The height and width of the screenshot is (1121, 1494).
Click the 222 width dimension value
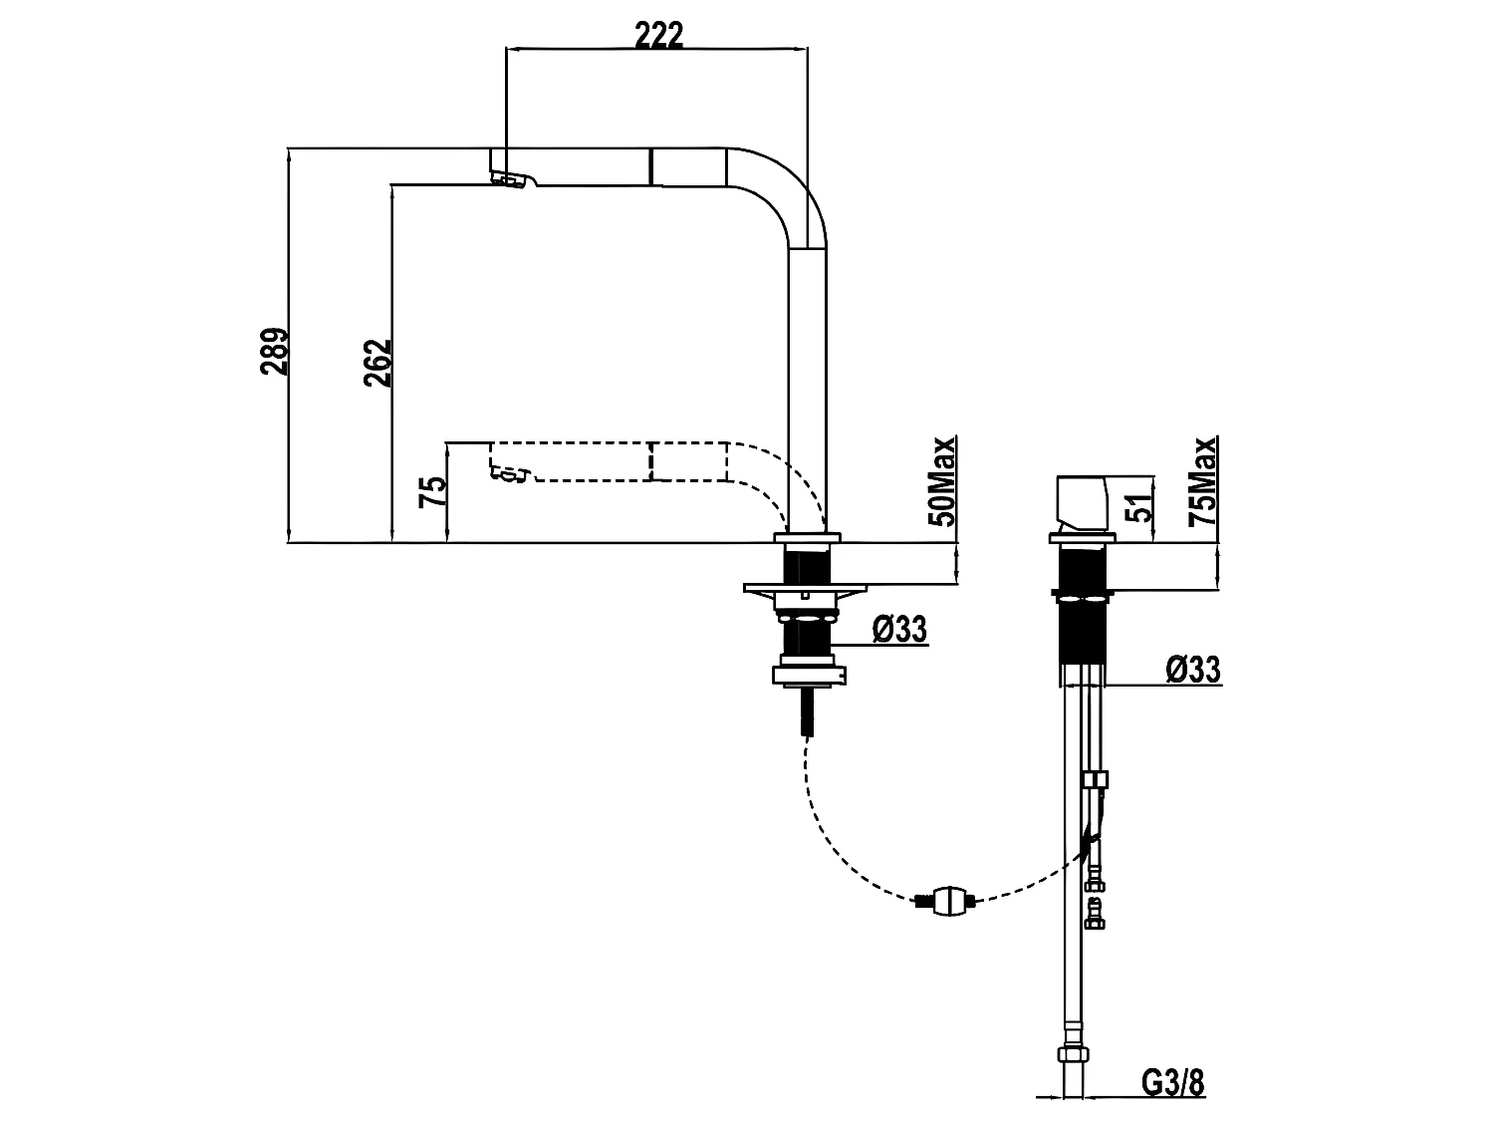tap(658, 35)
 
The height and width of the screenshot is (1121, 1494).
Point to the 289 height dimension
tap(274, 351)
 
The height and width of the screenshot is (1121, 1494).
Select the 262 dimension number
tap(377, 363)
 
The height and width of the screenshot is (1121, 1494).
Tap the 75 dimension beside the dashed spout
tap(433, 490)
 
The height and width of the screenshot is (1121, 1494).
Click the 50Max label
tap(942, 481)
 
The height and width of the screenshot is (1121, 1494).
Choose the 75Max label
tap(1202, 481)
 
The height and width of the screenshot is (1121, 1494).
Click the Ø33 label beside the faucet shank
tap(899, 628)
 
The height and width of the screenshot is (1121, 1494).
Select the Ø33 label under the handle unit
tap(1194, 669)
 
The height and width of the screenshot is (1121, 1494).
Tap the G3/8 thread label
tap(1172, 1082)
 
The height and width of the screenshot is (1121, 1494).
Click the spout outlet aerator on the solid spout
tap(508, 179)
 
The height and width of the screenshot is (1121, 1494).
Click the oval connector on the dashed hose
tap(947, 901)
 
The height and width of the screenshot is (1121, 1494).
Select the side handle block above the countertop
tap(1082, 504)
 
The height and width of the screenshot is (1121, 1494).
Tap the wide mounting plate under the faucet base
tap(805, 588)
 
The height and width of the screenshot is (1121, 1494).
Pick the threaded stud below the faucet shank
tap(807, 709)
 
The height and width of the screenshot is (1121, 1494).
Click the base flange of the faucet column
tap(807, 538)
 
